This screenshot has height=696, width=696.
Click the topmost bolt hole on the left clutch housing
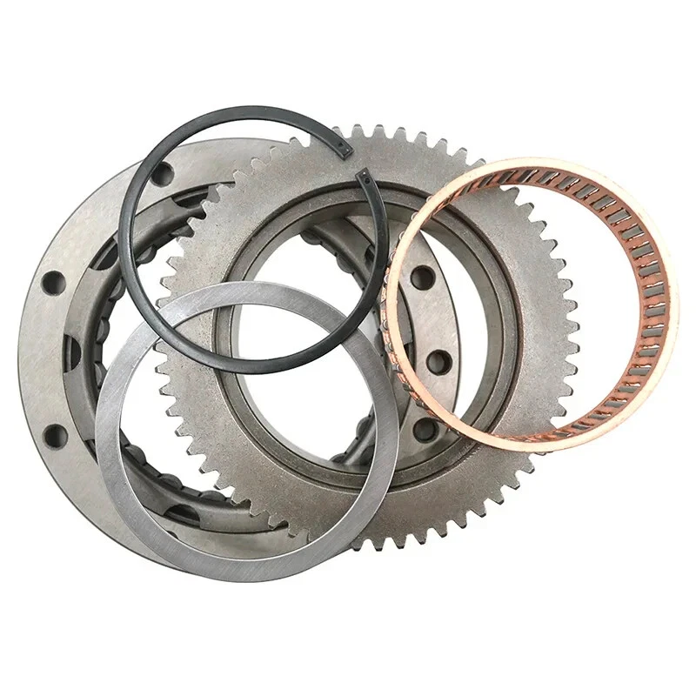[161, 174]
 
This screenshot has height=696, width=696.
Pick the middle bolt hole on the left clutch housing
[54, 283]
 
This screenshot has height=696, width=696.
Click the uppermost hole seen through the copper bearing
[423, 278]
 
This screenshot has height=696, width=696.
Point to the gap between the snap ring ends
[355, 164]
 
